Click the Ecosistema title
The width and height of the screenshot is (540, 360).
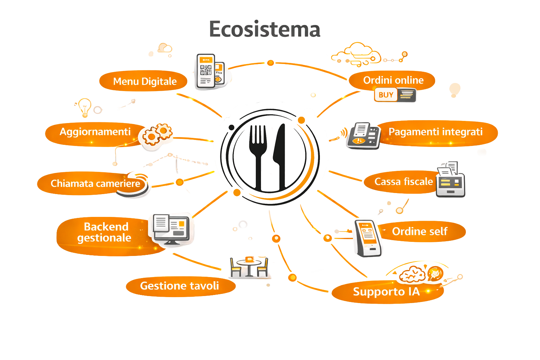(x=264, y=29)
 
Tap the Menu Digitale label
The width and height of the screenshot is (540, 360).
(x=144, y=82)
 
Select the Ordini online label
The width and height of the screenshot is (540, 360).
(x=393, y=81)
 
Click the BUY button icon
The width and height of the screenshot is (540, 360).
(x=386, y=95)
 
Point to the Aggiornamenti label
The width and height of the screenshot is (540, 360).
(x=95, y=132)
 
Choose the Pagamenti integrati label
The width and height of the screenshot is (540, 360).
(x=435, y=132)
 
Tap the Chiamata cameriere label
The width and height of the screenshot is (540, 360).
(x=95, y=184)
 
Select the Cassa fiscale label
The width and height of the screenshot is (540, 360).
(x=403, y=182)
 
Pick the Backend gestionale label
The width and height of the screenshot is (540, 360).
(x=104, y=232)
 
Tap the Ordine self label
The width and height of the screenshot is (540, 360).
(x=419, y=232)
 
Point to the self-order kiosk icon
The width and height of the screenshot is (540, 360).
(x=367, y=238)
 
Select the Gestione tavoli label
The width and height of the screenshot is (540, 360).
(x=179, y=286)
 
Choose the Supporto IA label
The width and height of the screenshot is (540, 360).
(x=386, y=292)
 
